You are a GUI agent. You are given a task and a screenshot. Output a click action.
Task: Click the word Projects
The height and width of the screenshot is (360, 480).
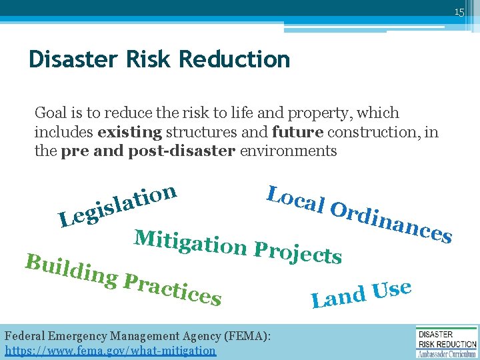[299, 252]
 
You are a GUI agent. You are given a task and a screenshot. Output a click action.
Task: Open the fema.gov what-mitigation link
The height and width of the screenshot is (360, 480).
[110, 350]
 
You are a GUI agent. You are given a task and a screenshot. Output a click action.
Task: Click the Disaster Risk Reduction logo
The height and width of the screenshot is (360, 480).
[446, 342]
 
